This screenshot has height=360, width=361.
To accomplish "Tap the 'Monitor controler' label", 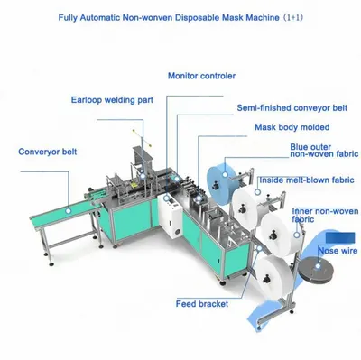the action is point(201,76).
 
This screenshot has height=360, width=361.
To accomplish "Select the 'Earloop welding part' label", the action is point(112,100).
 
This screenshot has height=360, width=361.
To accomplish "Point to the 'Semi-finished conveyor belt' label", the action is point(292,107).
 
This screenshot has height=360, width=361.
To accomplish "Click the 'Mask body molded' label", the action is point(292,127).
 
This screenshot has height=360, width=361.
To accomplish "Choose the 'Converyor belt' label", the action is point(48,152).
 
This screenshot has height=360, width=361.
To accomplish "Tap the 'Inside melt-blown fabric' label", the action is point(307,180).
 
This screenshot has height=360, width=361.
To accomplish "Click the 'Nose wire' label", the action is point(338,251).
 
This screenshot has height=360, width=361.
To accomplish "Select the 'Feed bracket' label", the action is point(202,304).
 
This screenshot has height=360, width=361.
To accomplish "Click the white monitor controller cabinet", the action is point(170,216).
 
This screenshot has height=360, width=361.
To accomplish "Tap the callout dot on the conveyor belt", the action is point(69,210).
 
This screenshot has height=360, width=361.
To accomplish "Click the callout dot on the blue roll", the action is point(225,174).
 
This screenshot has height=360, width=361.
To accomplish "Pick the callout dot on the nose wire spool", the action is point(318,266).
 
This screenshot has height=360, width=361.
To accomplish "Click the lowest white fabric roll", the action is point(273,277).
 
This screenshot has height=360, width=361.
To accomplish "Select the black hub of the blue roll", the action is point(215,186).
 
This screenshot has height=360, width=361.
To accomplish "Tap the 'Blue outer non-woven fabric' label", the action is point(324,151).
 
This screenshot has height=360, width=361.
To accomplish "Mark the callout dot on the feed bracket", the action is point(259,248).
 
